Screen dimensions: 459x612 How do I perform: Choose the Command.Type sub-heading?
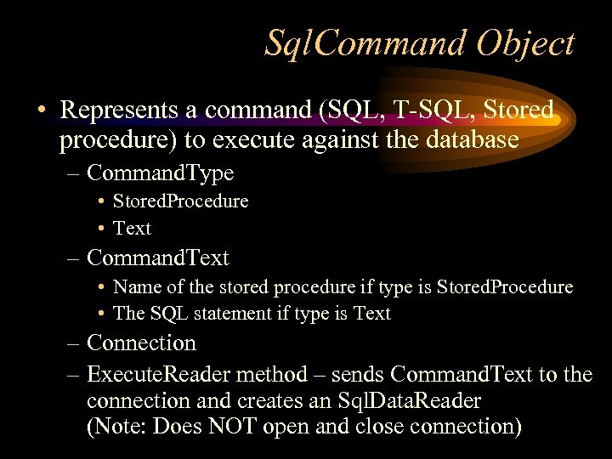tap(160, 173)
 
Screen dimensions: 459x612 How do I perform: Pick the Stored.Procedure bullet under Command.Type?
tap(180, 201)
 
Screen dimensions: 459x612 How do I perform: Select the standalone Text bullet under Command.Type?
tap(132, 229)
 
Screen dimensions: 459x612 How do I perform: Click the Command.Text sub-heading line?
tap(158, 257)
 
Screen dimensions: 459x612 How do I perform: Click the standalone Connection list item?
tap(141, 343)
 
